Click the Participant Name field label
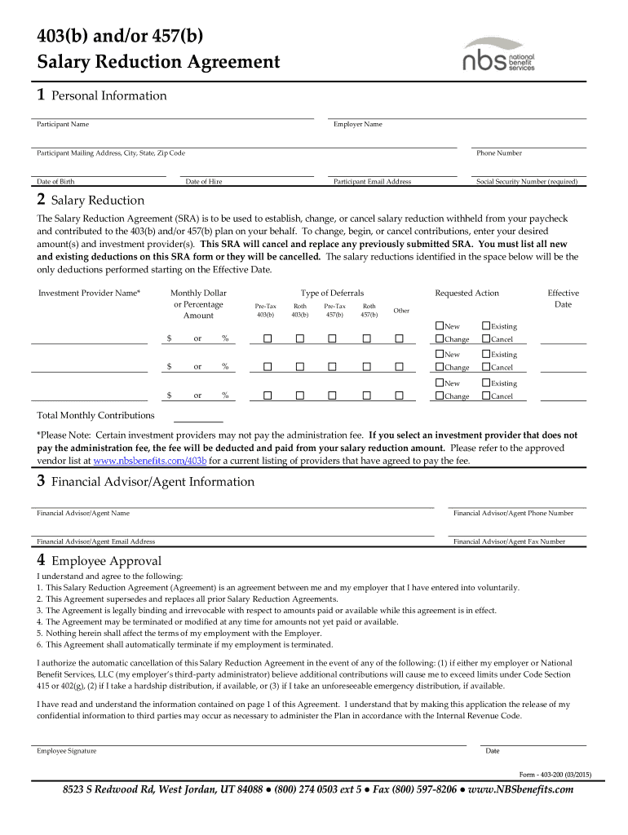click(63, 125)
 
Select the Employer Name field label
click(357, 125)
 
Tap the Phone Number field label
click(498, 153)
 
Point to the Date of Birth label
click(55, 182)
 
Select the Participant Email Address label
click(372, 182)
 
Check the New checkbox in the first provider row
click(440, 326)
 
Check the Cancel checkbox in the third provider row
click(486, 396)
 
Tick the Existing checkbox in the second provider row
click(486, 355)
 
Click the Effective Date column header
click(563, 298)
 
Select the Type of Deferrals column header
click(332, 294)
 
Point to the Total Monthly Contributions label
click(95, 415)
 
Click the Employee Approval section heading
click(106, 561)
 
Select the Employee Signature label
click(66, 751)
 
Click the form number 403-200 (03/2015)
click(554, 774)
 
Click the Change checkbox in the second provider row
click(440, 368)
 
